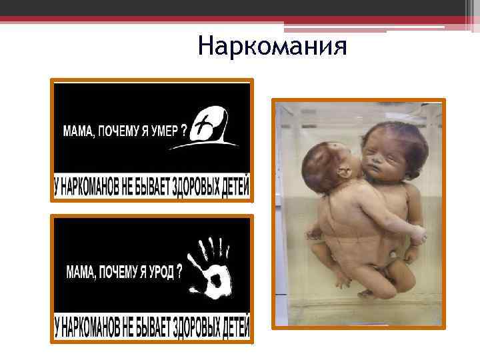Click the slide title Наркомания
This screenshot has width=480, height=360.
coord(273,47)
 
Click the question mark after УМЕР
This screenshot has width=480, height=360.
coord(183,130)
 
